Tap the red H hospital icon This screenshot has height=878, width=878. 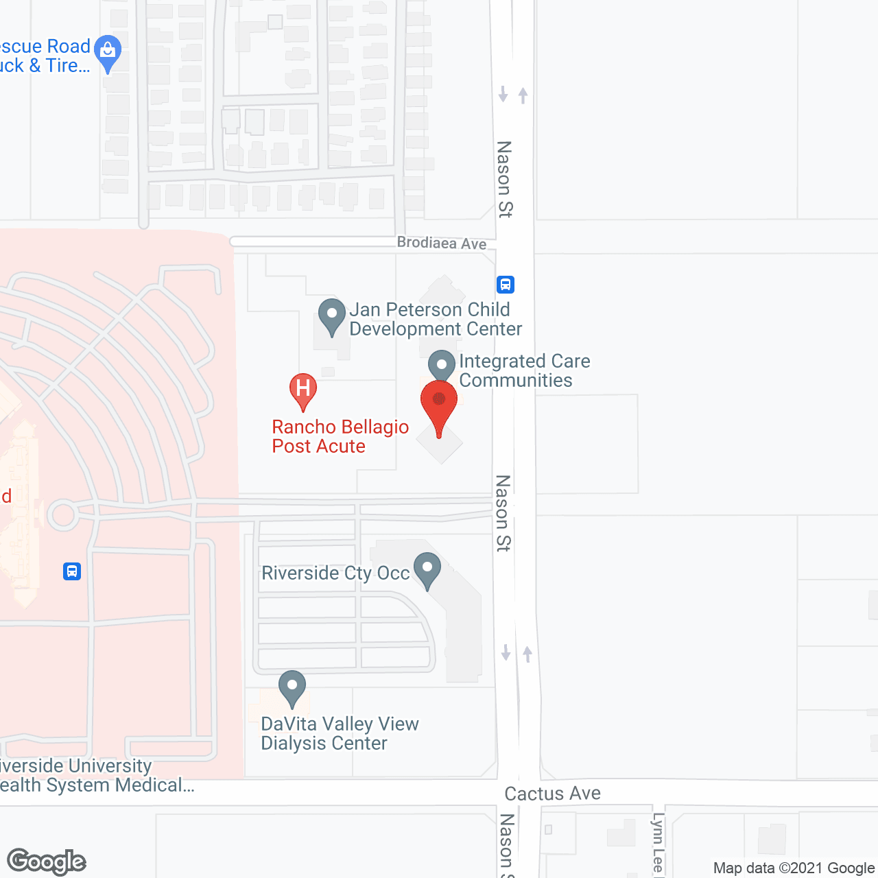click(302, 389)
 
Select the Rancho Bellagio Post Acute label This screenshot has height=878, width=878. click(340, 436)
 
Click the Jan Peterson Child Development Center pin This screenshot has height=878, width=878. click(332, 316)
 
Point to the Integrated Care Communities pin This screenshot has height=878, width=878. click(442, 366)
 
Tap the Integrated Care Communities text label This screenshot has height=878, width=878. click(524, 370)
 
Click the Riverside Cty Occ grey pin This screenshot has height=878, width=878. click(427, 569)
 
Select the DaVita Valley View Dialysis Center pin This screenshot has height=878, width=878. click(292, 687)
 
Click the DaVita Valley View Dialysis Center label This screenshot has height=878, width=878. click(340, 733)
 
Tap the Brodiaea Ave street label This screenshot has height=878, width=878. click(442, 243)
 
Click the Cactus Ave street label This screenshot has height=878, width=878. click(552, 794)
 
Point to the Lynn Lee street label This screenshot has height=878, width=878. click(658, 844)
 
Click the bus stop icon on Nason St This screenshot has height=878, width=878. click(506, 284)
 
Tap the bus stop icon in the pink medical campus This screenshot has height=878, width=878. click(72, 571)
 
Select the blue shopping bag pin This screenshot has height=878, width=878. click(108, 51)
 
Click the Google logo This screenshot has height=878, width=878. click(47, 862)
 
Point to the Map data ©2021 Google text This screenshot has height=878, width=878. click(794, 868)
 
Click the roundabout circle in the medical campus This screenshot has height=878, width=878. click(63, 515)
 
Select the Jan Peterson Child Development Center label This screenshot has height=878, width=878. click(435, 319)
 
